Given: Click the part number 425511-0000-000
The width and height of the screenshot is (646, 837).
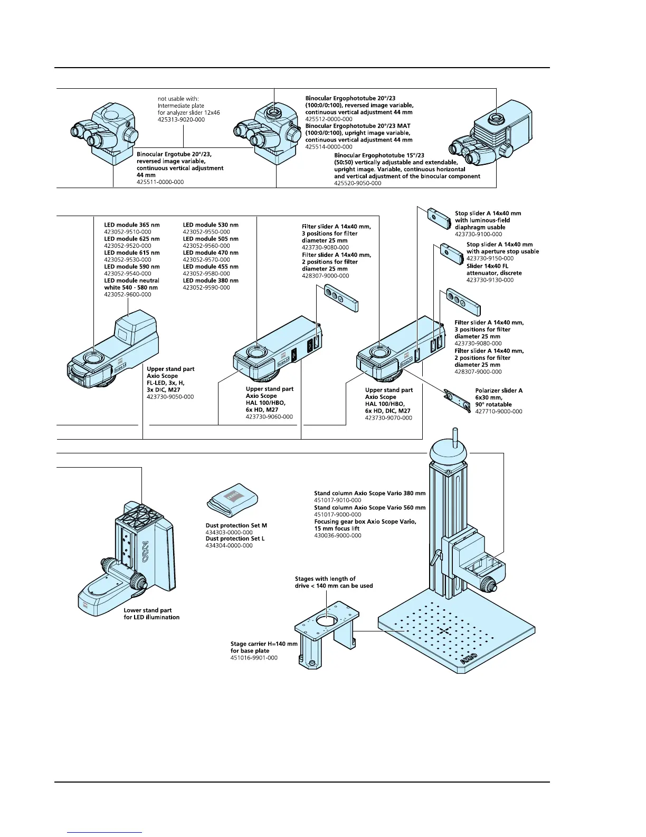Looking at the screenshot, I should [x=160, y=182].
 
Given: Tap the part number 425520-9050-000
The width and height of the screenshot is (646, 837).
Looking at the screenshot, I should [x=357, y=183].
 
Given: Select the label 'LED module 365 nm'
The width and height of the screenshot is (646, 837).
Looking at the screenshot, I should [x=131, y=225].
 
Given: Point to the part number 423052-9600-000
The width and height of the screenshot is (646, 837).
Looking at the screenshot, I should [x=127, y=294].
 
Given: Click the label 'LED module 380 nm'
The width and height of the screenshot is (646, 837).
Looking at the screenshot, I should [x=211, y=281].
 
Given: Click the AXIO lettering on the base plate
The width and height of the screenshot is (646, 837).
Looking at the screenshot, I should [x=469, y=659].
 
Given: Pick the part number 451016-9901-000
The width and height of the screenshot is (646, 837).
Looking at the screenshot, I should [x=254, y=658].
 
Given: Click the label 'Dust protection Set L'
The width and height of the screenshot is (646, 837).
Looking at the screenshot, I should [x=235, y=538].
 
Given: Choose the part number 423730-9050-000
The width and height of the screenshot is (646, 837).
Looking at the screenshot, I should [x=170, y=396].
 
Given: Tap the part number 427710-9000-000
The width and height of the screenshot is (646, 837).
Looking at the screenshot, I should [x=499, y=411].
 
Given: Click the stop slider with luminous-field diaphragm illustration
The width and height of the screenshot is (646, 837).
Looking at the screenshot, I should [x=438, y=217].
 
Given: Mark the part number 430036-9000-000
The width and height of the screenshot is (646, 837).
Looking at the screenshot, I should [x=338, y=535].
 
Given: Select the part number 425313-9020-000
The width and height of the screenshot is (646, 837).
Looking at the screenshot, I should [x=181, y=119].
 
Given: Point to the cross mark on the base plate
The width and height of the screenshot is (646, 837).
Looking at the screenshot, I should [x=444, y=630].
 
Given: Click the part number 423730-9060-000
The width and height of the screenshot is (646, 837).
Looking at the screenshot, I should [x=269, y=416].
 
